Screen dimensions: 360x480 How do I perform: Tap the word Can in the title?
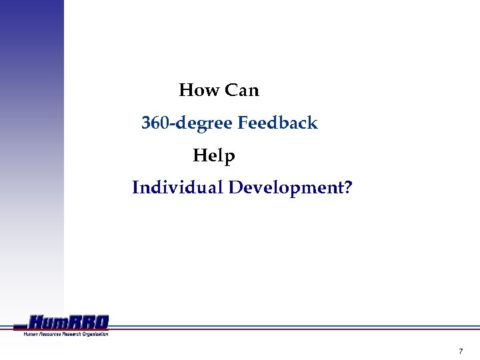(241, 90)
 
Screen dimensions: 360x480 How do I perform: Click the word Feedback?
(277, 123)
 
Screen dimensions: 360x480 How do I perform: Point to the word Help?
(214, 157)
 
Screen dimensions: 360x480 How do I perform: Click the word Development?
(286, 188)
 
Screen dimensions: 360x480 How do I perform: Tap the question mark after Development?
(348, 188)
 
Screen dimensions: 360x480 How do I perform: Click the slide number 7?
(461, 351)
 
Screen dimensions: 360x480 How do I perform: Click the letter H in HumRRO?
(38, 323)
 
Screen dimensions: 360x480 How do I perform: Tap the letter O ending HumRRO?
(101, 323)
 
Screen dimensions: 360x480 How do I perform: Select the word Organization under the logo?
(95, 333)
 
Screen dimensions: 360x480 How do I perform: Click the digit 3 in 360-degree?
(146, 123)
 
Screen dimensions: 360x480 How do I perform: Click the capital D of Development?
(235, 188)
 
